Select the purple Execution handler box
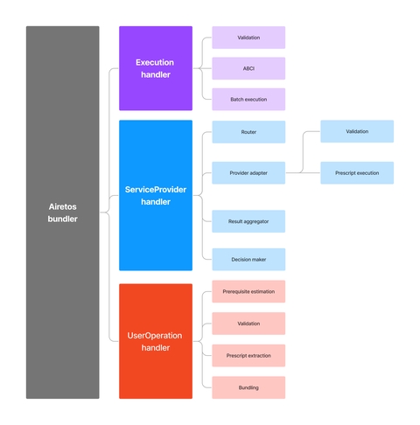click(155, 68)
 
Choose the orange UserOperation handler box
click(155, 341)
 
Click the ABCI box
click(248, 68)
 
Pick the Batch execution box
click(248, 99)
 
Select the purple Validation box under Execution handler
click(248, 38)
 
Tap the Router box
click(248, 132)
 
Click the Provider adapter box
click(248, 173)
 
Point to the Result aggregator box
click(248, 221)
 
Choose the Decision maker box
click(248, 259)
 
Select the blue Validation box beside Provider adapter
click(356, 131)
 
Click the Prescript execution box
click(356, 173)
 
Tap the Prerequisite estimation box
click(248, 291)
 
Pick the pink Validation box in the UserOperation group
click(248, 324)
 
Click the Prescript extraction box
click(248, 355)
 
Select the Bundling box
click(248, 387)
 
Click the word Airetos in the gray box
click(62, 207)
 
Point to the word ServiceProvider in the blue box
click(155, 190)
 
